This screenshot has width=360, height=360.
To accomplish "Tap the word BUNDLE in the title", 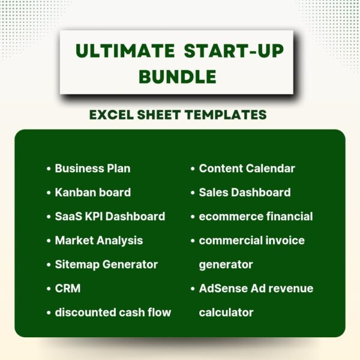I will click(x=177, y=76).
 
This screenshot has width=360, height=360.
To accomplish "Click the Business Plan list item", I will click(x=92, y=169).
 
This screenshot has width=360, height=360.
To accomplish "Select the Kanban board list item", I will click(x=92, y=193).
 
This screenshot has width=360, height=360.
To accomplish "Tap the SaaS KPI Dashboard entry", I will click(x=110, y=217).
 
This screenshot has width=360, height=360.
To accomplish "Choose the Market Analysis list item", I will click(x=99, y=241).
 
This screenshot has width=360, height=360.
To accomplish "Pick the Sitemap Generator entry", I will click(x=106, y=265).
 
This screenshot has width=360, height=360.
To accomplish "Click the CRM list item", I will click(x=68, y=289).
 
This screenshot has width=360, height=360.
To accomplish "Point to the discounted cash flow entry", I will click(x=113, y=313).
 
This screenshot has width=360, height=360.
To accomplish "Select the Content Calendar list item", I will click(x=247, y=169).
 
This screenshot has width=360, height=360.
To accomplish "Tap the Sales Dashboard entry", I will click(x=245, y=193).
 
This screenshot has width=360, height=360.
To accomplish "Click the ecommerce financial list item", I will click(x=256, y=217).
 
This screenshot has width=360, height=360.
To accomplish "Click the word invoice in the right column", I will click(x=284, y=241).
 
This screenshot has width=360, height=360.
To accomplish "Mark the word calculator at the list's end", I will click(x=226, y=313).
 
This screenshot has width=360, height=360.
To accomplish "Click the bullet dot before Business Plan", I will click(x=49, y=169).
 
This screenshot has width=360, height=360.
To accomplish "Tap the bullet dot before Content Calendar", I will click(x=193, y=169).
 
